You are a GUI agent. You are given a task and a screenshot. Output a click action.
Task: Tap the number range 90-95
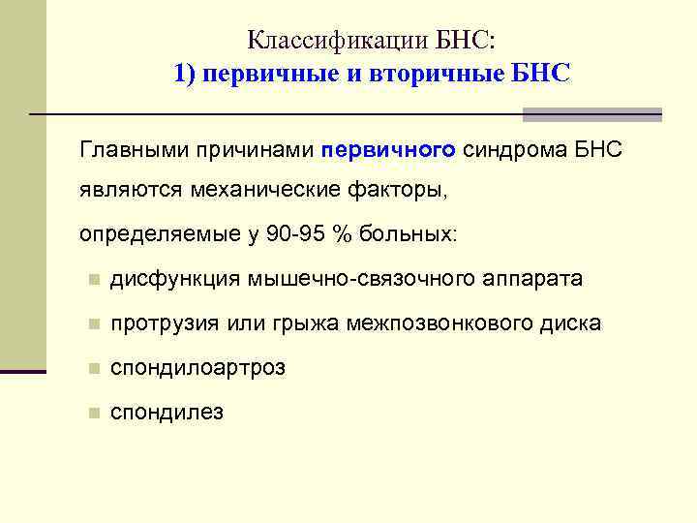point(286,233)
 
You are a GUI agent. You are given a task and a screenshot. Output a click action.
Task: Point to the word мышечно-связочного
point(361,279)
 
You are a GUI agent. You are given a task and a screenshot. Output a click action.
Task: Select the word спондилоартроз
point(197,368)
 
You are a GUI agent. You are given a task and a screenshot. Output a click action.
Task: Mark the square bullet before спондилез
point(91,413)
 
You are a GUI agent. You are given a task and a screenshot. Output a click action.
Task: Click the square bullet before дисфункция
point(91,280)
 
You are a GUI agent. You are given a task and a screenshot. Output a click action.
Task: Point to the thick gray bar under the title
point(591,114)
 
